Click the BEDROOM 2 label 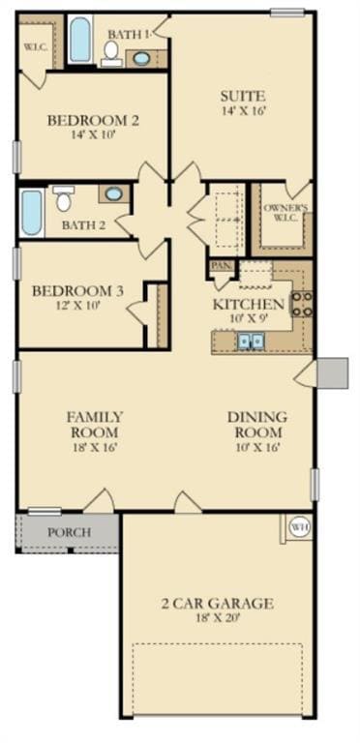(94, 121)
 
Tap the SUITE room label (242, 97)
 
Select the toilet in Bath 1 (112, 51)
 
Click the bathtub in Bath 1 (80, 42)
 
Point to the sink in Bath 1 (141, 58)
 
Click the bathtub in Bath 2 (32, 213)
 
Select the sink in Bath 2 (113, 194)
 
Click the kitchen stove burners (301, 305)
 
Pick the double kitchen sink (252, 340)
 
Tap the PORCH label (69, 532)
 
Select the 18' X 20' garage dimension (217, 620)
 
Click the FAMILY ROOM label (94, 424)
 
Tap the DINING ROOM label (255, 424)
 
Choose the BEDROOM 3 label (78, 291)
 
